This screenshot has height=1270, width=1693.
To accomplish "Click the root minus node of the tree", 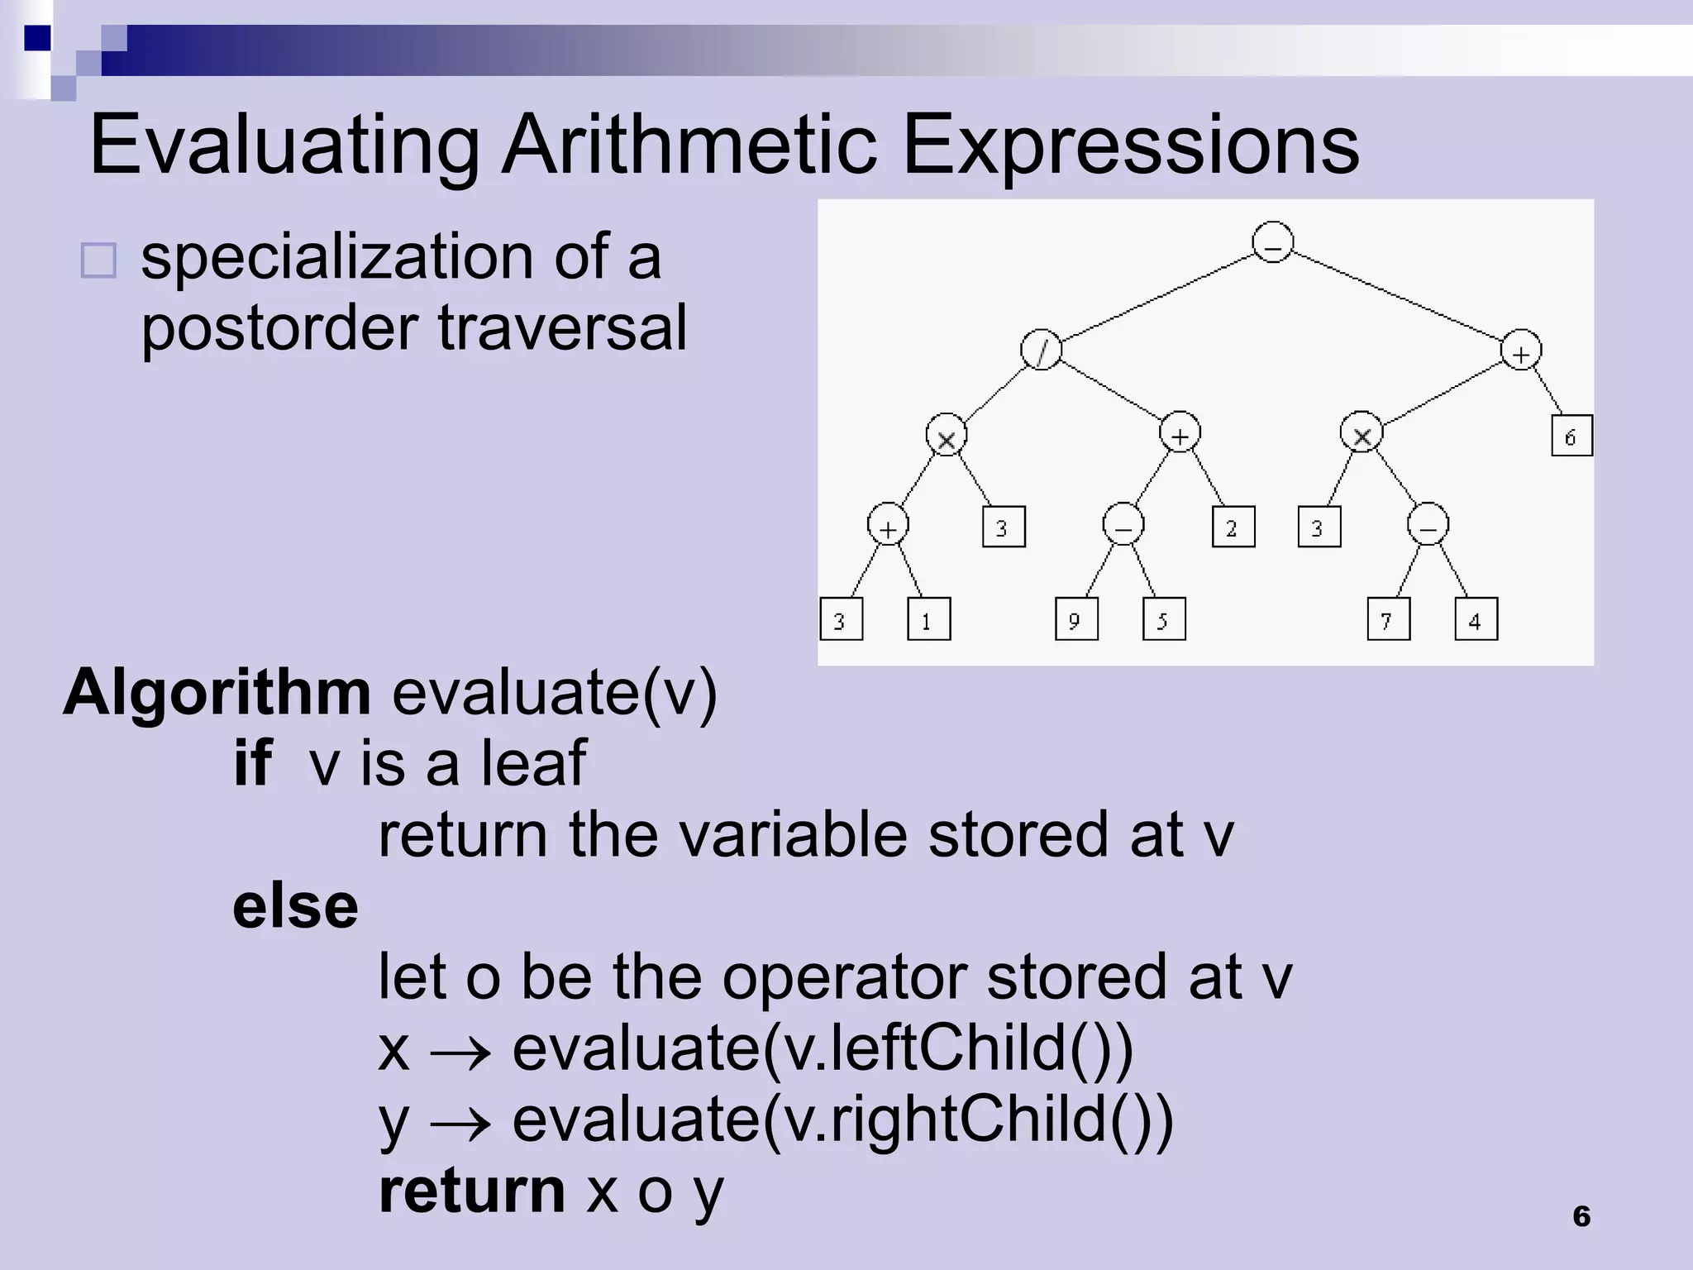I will [x=1273, y=242].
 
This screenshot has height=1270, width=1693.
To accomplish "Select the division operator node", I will [x=1042, y=350].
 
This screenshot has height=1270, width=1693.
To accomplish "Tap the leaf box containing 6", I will [x=1571, y=436].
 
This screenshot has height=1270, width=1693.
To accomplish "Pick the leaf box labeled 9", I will [x=1076, y=619].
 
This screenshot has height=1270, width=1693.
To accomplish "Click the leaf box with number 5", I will [x=1164, y=619].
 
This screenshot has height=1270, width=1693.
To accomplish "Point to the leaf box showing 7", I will [x=1389, y=619].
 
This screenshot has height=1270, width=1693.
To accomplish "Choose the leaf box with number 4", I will [x=1476, y=619].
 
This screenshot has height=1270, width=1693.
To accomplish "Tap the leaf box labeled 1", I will [x=928, y=619].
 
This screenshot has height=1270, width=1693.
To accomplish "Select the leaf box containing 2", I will [x=1233, y=527].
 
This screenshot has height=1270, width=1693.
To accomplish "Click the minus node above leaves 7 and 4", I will [x=1428, y=525].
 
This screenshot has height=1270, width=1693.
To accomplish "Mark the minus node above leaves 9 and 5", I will [x=1123, y=525].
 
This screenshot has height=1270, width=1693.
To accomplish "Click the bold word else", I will [x=295, y=907].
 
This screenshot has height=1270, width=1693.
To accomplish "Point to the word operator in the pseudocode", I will [x=844, y=977].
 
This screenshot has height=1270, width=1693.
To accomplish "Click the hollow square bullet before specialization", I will [x=98, y=260].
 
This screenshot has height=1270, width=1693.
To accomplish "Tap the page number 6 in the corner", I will [x=1581, y=1216].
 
